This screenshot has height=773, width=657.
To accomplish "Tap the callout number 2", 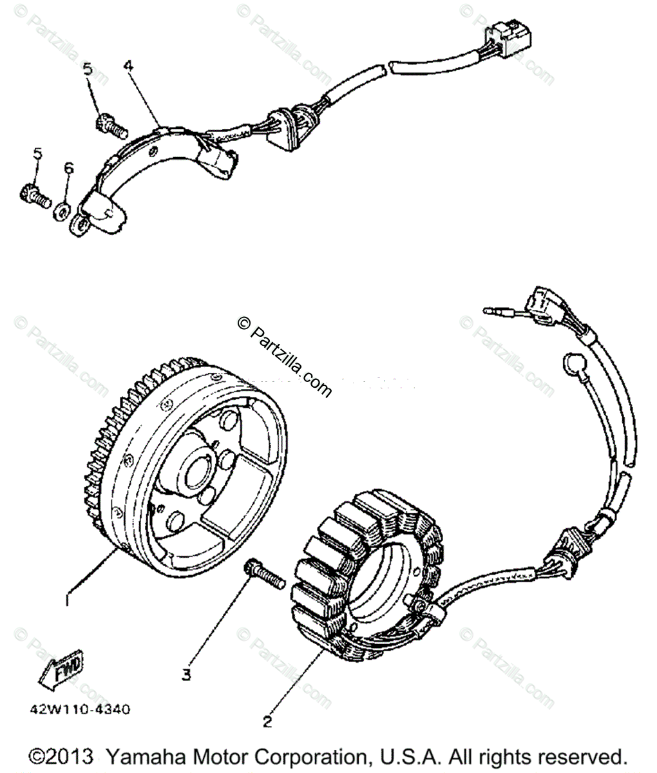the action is point(267,721).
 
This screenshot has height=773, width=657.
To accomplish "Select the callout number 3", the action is point(186,674).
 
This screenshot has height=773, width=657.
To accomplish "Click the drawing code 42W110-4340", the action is point(78,710).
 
